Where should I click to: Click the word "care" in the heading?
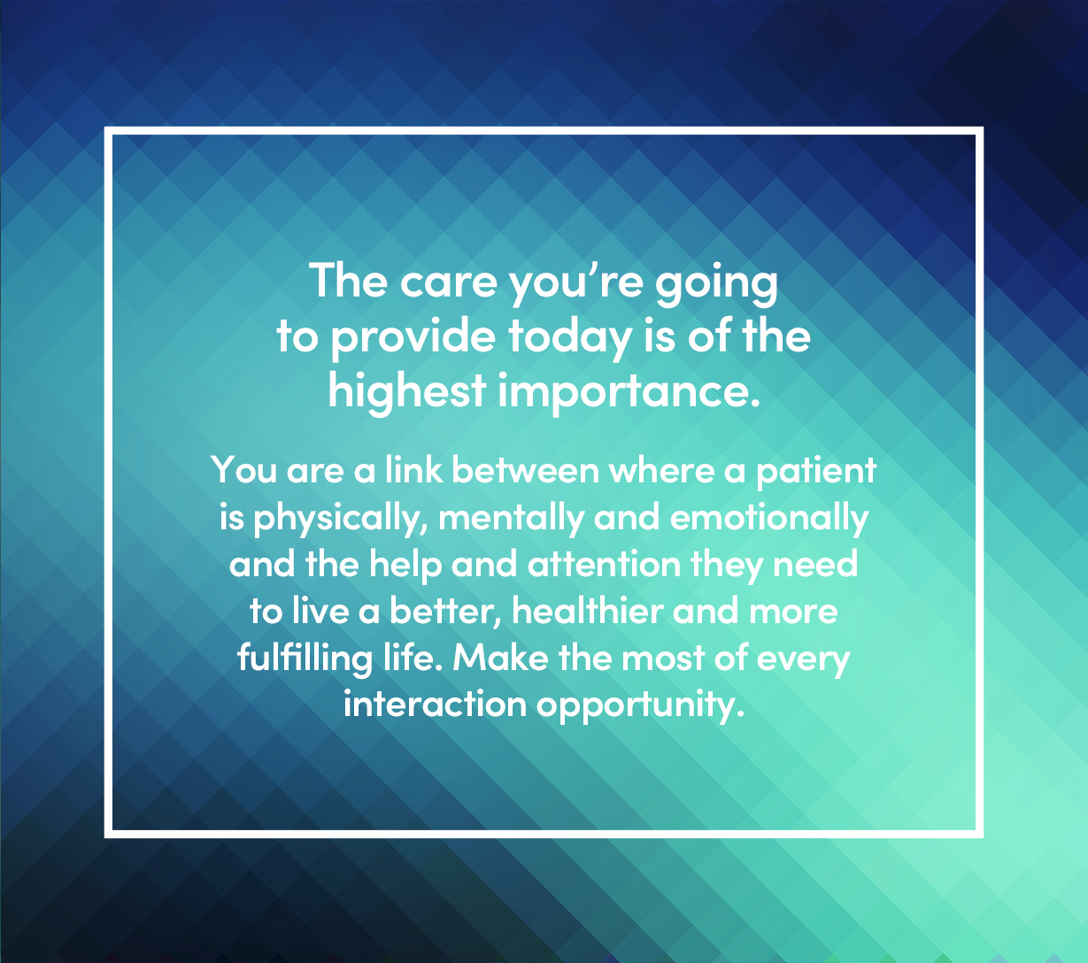tap(449, 283)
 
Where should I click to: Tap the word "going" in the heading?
tap(716, 285)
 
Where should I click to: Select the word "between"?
tap(525, 470)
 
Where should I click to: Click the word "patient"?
tap(816, 473)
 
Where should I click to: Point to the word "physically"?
tap(341, 519)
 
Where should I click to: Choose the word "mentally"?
tap(511, 519)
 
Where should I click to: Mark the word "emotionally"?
tap(769, 519)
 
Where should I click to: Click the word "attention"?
tap(604, 564)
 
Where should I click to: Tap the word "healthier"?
tap(588, 611)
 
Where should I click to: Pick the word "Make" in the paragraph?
tap(500, 658)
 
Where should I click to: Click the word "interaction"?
tap(435, 705)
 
